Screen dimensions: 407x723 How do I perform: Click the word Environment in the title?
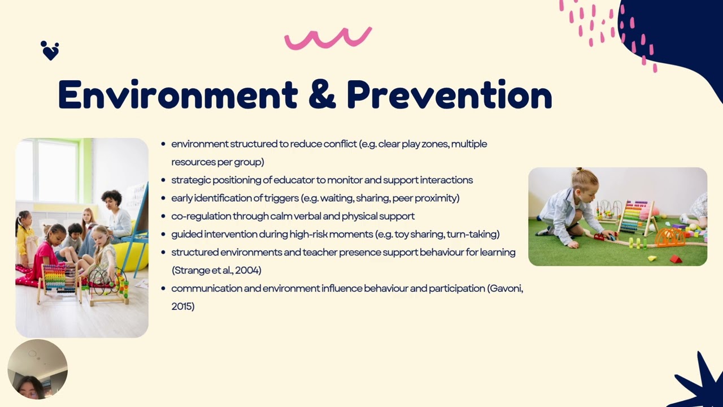tap(177, 95)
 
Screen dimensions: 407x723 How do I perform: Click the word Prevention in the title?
tap(449, 95)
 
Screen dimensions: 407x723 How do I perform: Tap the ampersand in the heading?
tap(322, 95)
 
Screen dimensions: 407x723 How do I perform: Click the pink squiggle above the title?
tap(328, 38)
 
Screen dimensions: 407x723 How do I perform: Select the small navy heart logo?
tap(50, 51)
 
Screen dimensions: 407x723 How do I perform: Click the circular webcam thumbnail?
tap(37, 369)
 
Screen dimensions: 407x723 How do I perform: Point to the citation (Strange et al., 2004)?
tap(216, 270)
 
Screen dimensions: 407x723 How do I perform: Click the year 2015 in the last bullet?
tap(182, 306)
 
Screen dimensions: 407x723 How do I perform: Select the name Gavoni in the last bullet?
tap(505, 288)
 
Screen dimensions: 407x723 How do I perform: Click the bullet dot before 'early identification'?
tap(163, 198)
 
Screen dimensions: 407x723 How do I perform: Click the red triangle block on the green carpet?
tap(676, 259)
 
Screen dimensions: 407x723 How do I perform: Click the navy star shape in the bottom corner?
tap(698, 382)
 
